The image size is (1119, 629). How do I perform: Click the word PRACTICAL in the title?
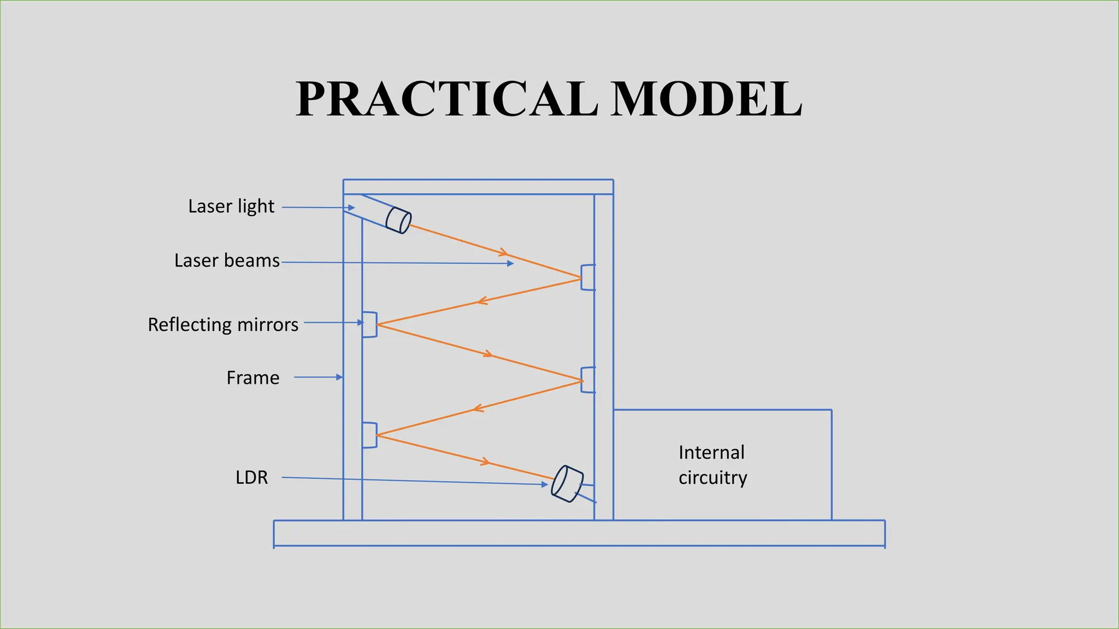pos(446,99)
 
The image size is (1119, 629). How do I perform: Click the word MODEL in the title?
pos(705,99)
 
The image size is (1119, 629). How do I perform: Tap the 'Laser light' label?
pos(231,206)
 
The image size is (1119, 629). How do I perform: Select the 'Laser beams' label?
pos(227,260)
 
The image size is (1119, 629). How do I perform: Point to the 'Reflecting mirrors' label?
pos(223,325)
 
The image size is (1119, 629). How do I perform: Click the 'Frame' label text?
pos(253,378)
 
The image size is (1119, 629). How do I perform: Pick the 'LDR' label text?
pos(252,478)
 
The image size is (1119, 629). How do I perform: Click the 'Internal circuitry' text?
pos(712,465)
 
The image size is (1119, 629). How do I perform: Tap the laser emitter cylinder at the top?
pos(398,219)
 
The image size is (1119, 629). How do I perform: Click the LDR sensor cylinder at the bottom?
pos(567,483)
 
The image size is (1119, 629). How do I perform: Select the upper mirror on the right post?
pos(588,277)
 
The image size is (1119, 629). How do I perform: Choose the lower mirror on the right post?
pos(588,380)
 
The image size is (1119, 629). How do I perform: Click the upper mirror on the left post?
pos(370,324)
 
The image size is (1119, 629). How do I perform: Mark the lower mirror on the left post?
pos(370,435)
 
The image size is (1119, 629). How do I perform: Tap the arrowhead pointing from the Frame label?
pos(339,377)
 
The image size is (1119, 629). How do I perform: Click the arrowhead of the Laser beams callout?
pos(511,264)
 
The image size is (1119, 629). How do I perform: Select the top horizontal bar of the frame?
pos(478,187)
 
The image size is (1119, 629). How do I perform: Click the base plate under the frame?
pos(579,533)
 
